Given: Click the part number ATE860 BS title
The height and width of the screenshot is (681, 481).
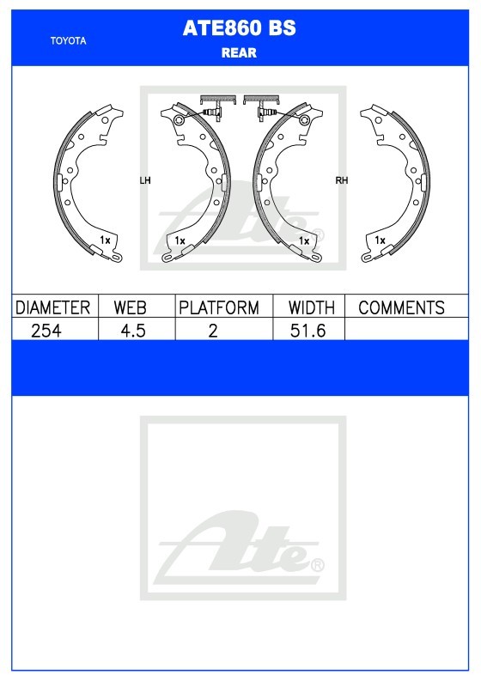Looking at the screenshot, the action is pyautogui.click(x=239, y=28).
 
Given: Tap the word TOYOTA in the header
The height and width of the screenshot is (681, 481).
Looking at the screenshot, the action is pyautogui.click(x=68, y=41).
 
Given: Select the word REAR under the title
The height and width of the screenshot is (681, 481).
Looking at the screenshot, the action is pyautogui.click(x=239, y=52).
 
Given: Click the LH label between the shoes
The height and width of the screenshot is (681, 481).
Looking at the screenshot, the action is pyautogui.click(x=144, y=180).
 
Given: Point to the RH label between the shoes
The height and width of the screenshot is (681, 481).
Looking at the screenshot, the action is pyautogui.click(x=342, y=180).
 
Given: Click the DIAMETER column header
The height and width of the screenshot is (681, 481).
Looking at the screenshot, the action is pyautogui.click(x=52, y=307).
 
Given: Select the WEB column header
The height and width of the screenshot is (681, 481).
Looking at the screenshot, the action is pyautogui.click(x=130, y=307).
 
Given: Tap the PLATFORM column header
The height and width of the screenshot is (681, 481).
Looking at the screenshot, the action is pyautogui.click(x=219, y=307).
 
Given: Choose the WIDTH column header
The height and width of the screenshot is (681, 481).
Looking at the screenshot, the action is pyautogui.click(x=312, y=307).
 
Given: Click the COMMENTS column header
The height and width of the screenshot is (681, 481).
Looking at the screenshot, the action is pyautogui.click(x=401, y=307).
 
